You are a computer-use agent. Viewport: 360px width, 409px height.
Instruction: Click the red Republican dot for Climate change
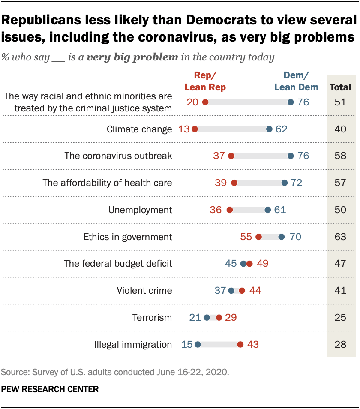[195, 129]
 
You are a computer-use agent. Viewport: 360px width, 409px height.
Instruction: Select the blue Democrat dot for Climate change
[269, 129]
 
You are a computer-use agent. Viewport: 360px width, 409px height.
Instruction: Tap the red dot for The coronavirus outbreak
[231, 156]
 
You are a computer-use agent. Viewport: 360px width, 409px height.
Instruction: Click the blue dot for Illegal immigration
[198, 344]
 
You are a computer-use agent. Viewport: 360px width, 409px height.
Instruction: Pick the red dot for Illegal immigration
[240, 344]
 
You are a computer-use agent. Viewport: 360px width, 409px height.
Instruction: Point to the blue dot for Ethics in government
[282, 237]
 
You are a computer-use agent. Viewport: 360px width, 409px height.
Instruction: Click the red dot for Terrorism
[219, 318]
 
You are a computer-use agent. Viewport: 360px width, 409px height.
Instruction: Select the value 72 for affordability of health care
[296, 183]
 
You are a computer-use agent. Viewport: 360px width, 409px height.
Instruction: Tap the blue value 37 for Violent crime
[220, 291]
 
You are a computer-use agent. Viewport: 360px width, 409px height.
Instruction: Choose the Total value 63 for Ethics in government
[341, 237]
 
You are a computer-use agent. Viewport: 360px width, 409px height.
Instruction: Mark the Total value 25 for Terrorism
[341, 318]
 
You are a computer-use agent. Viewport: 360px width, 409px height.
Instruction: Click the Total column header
[341, 87]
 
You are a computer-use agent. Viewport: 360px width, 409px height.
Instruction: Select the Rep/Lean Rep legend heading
[205, 81]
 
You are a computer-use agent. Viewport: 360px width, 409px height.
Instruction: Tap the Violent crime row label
[144, 291]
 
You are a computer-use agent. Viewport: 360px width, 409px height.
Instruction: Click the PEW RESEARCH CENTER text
[50, 389]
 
